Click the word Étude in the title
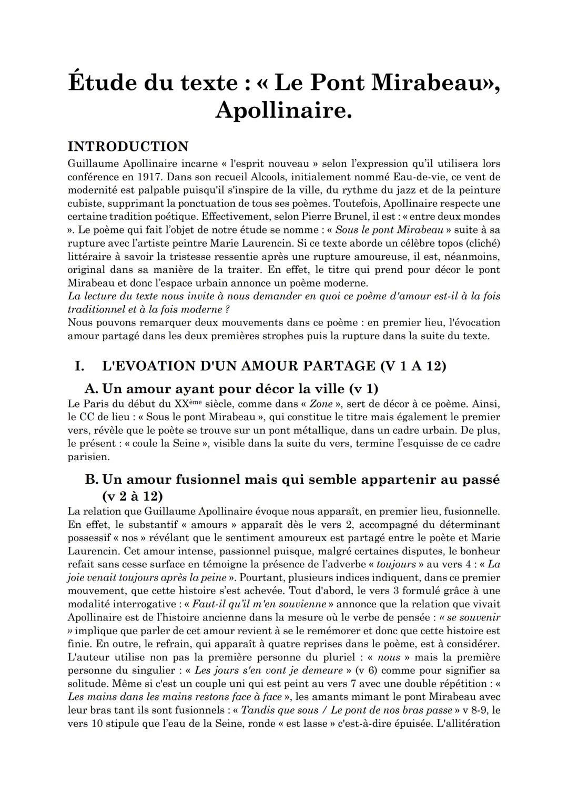(102, 83)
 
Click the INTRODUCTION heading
(128, 146)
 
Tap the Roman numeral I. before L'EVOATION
(79, 365)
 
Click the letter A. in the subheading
(92, 389)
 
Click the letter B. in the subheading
(92, 479)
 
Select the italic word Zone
(321, 404)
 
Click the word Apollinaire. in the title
(283, 110)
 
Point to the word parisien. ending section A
(87, 456)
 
